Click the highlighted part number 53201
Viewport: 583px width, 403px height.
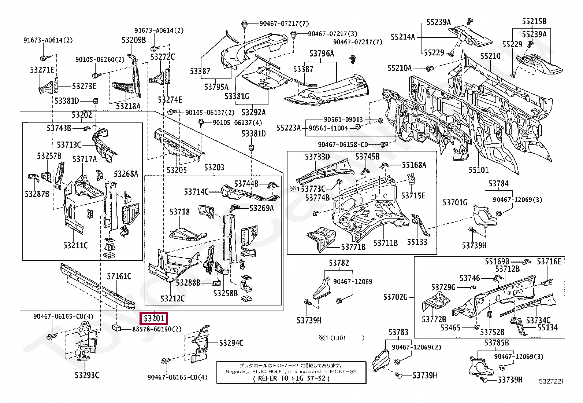(x=154, y=318)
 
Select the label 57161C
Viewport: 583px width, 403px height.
(x=119, y=276)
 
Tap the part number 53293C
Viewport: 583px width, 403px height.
(x=87, y=375)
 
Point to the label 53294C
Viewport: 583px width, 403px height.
(x=231, y=343)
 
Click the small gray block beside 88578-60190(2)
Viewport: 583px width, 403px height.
(x=116, y=327)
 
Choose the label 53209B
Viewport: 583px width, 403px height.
(x=134, y=40)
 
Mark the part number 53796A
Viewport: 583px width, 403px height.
(x=322, y=54)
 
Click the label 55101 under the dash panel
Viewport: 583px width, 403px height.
(x=479, y=170)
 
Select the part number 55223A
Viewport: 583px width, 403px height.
(x=289, y=128)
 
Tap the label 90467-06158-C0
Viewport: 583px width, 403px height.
(x=343, y=144)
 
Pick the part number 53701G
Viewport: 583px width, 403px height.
(x=455, y=202)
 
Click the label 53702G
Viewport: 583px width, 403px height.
(x=396, y=297)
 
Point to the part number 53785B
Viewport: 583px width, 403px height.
(x=497, y=343)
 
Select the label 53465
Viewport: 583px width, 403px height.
(x=450, y=328)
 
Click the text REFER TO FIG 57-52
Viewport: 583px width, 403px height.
(x=291, y=378)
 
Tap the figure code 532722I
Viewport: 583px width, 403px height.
(x=551, y=381)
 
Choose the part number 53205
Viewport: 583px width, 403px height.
(x=177, y=170)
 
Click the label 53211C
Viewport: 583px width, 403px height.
(x=75, y=245)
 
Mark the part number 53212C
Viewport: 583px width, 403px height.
(x=172, y=298)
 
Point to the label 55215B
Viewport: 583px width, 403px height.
(x=534, y=21)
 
